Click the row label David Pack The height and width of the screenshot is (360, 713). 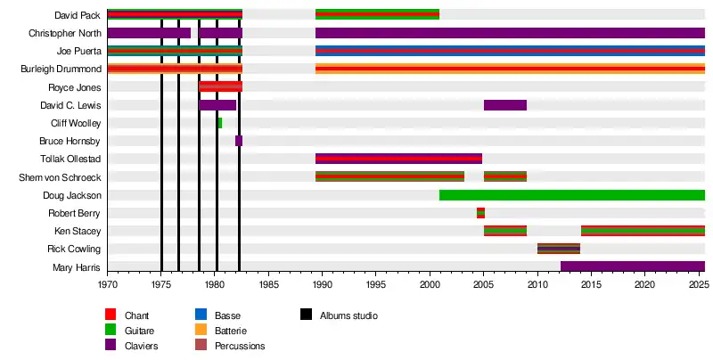tap(78, 15)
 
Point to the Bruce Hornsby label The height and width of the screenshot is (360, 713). tap(70, 141)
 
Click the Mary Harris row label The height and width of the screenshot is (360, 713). tap(75, 266)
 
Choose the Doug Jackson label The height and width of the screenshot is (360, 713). tap(71, 195)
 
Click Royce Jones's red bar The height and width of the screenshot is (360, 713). tap(220, 86)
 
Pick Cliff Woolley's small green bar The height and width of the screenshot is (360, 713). tap(219, 123)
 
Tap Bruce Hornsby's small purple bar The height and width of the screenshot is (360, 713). tap(239, 141)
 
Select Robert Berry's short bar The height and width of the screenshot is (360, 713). tap(480, 213)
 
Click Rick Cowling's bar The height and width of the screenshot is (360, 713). tap(559, 249)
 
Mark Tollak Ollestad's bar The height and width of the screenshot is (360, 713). tap(398, 159)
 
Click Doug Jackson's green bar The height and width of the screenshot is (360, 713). tap(571, 195)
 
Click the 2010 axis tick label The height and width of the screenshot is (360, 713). tap(537, 284)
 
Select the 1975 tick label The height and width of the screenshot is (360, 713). tap(161, 284)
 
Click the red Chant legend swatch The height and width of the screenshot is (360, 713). tap(111, 315)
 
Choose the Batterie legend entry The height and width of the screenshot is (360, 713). tap(232, 331)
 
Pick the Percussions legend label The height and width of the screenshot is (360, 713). tap(240, 346)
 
